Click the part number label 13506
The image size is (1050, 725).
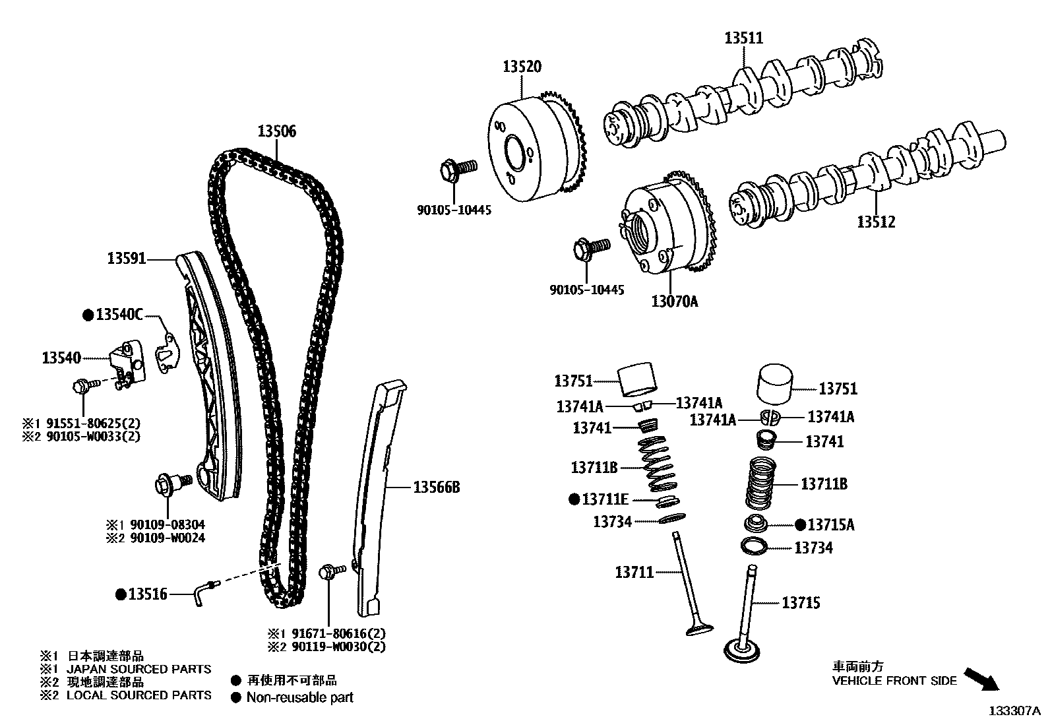[x=276, y=131]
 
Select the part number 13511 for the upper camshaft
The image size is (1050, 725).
[x=743, y=38]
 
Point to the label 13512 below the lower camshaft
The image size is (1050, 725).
[x=876, y=222]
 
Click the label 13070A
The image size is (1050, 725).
[x=674, y=301]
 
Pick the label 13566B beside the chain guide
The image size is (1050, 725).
[x=436, y=488]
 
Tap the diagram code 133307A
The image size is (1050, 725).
[x=1014, y=711]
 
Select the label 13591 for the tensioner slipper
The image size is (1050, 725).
[x=126, y=259]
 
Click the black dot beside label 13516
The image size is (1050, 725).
[x=121, y=594]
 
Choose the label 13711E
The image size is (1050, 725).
[x=605, y=499]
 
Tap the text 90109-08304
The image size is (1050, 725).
[x=168, y=525]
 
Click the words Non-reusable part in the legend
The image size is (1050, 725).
[x=299, y=697]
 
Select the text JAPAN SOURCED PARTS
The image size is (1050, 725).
[x=139, y=669]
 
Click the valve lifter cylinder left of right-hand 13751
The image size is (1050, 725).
[x=775, y=383]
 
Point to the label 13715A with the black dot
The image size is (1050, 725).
[x=830, y=525]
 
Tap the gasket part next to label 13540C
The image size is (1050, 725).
[x=166, y=350]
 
